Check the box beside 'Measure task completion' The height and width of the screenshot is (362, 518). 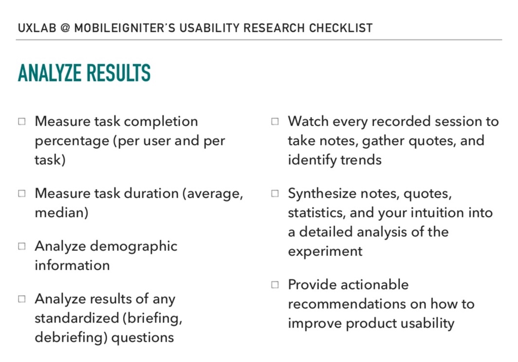pos(22,122)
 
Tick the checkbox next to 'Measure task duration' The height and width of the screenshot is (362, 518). pos(22,193)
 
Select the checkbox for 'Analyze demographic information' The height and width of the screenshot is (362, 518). pos(22,247)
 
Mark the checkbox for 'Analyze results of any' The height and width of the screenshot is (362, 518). pos(22,299)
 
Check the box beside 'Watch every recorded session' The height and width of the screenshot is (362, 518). pos(275,122)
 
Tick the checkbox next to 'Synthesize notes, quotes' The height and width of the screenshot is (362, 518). pos(275,193)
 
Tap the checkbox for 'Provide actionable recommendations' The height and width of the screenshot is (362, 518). pos(275,285)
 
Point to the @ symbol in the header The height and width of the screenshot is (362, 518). pos(65,28)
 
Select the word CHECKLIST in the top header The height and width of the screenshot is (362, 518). pos(341,28)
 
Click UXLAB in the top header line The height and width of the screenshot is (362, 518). pos(37,28)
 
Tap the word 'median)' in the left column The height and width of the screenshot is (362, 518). pos(61,212)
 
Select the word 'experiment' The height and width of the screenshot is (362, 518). pos(325,252)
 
